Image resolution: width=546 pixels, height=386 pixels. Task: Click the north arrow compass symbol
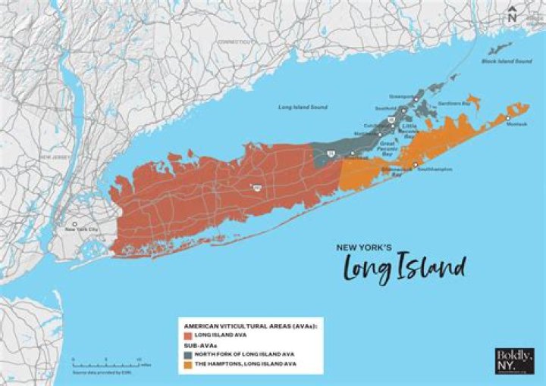click(x=513, y=13)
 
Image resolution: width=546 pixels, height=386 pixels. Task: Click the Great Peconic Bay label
click(x=388, y=145)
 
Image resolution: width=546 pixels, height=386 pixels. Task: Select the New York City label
click(x=82, y=229)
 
